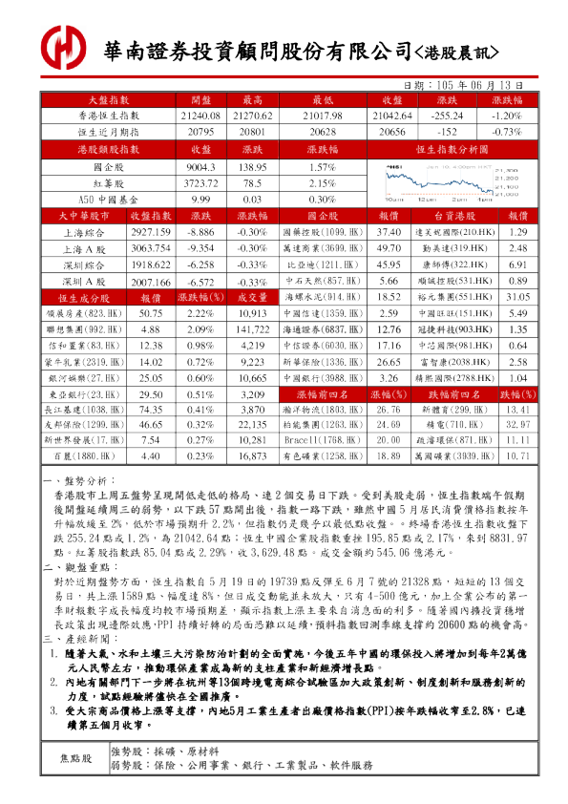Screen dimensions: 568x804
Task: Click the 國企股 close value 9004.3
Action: [200, 166]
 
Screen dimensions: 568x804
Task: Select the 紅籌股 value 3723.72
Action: [200, 182]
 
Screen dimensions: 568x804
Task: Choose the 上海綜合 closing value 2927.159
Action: [150, 233]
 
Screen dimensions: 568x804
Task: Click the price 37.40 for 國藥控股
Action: [389, 233]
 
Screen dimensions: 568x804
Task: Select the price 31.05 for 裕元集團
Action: [518, 285]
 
